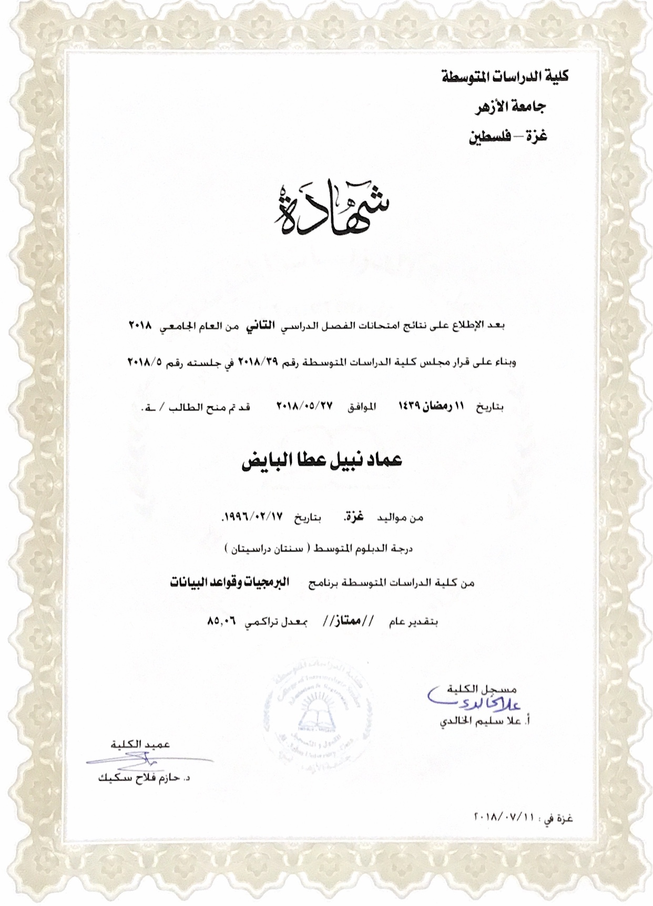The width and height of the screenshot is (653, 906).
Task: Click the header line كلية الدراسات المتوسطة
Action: (505, 77)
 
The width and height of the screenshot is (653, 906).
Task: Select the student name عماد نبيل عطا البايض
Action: (321, 461)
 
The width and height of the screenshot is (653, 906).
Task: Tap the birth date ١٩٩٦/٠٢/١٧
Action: (253, 517)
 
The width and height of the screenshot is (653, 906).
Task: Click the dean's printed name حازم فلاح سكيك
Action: (143, 777)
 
